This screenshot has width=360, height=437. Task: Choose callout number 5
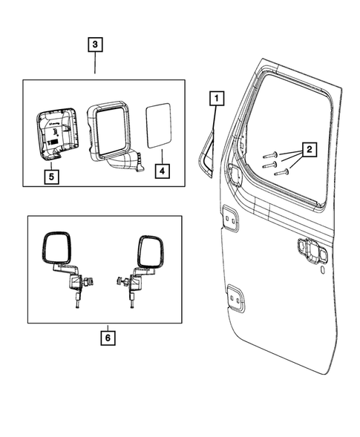click(51, 177)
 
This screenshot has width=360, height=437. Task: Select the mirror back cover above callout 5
click(55, 132)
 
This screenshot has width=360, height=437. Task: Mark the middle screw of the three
click(274, 164)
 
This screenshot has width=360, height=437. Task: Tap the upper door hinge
click(229, 220)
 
